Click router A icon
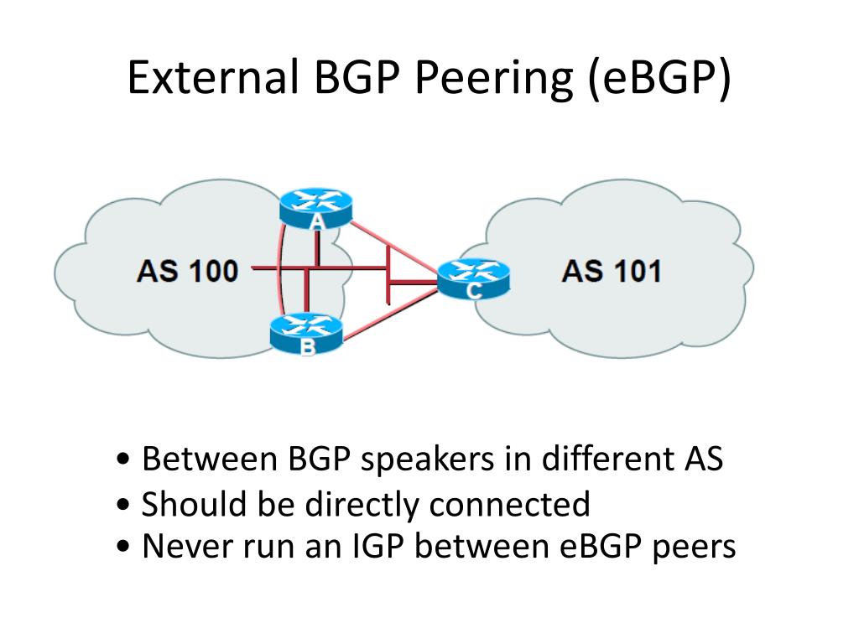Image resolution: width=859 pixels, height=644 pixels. (315, 208)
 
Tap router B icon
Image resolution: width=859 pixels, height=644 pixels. (307, 332)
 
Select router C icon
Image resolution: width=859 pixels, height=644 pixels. (474, 278)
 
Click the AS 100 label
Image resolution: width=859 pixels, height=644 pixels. (187, 271)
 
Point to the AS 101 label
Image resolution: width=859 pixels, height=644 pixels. (612, 271)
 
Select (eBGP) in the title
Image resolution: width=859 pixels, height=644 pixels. (659, 80)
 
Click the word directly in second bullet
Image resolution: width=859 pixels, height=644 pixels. (362, 505)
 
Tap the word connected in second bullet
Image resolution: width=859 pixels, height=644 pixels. (509, 504)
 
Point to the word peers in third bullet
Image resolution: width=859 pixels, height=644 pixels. (694, 548)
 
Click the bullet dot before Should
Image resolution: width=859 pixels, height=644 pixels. (123, 504)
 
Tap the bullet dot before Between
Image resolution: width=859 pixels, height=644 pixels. (123, 459)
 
